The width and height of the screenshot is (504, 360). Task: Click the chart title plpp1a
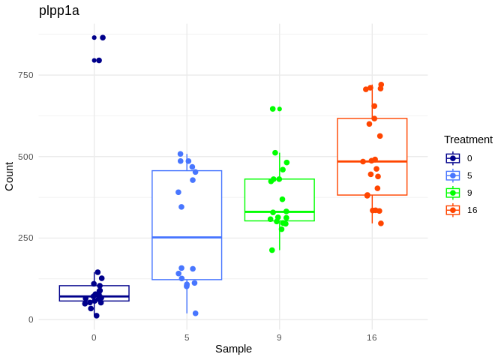click(x=59, y=10)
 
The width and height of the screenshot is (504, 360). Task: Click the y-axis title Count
click(x=9, y=176)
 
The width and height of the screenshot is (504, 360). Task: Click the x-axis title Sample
click(x=233, y=349)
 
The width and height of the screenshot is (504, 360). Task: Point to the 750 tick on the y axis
click(x=25, y=75)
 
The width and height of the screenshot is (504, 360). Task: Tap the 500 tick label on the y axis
click(x=25, y=157)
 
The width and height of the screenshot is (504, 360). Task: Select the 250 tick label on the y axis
click(x=25, y=238)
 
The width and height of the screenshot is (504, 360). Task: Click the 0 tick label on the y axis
click(x=31, y=319)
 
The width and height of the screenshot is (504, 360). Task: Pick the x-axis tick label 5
click(x=187, y=337)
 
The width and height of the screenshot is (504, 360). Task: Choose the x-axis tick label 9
click(x=279, y=337)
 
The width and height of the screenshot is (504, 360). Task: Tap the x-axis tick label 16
click(x=372, y=337)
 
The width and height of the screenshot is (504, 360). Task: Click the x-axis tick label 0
click(x=94, y=337)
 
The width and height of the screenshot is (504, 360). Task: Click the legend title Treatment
click(x=468, y=139)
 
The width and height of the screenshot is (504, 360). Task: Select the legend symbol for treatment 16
click(x=453, y=210)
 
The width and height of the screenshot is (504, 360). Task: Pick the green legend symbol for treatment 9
click(x=453, y=193)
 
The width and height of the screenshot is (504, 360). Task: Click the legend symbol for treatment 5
click(x=453, y=175)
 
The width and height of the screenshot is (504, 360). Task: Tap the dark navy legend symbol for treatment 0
click(x=453, y=158)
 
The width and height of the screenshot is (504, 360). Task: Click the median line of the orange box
click(x=372, y=161)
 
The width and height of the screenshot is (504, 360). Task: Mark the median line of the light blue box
click(x=187, y=237)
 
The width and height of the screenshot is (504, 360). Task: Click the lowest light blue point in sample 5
click(x=196, y=313)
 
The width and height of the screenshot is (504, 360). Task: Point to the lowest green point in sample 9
click(x=272, y=250)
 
